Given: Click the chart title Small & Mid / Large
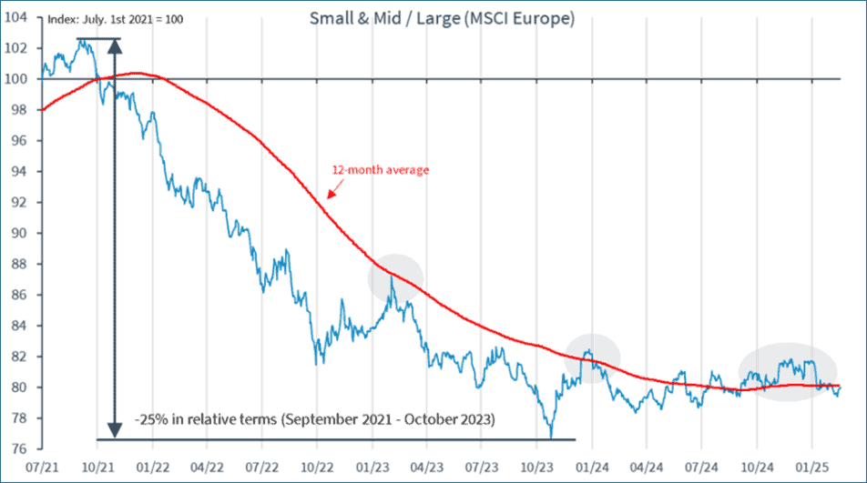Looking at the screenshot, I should tap(442, 18).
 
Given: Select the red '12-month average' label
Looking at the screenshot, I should tap(382, 170).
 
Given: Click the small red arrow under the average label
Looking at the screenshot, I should tap(331, 193).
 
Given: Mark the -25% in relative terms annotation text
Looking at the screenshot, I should tap(314, 420).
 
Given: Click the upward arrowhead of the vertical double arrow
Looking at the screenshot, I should tap(115, 45).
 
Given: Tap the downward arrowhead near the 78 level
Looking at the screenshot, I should tap(115, 430).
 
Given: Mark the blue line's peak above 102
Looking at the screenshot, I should tap(84, 41).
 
